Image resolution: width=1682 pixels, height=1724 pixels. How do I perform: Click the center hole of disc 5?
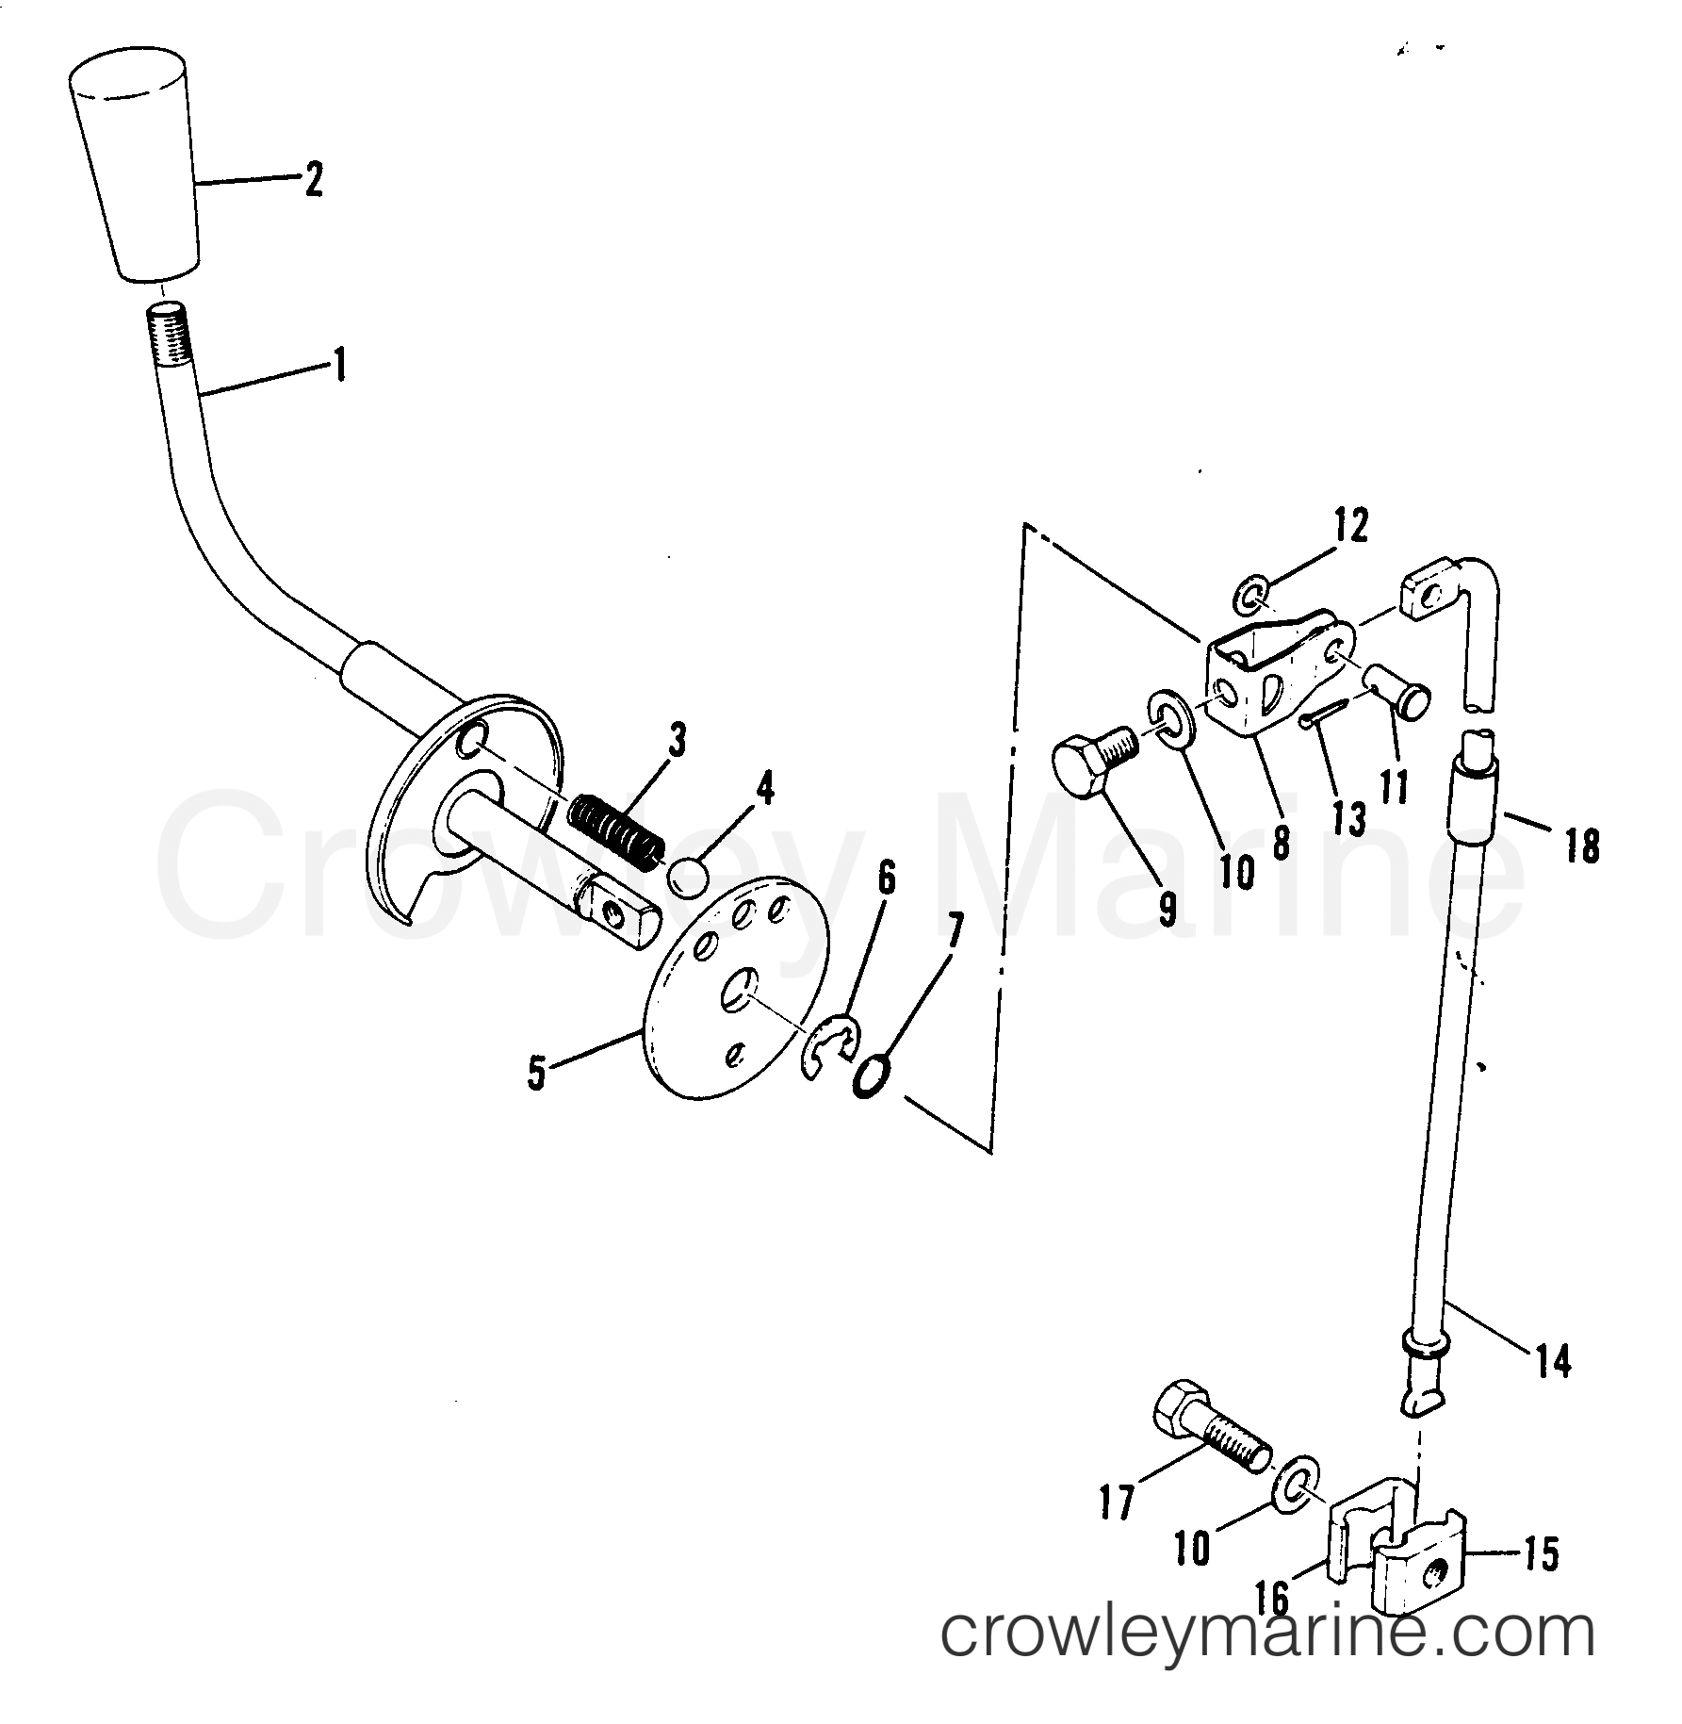pos(739,994)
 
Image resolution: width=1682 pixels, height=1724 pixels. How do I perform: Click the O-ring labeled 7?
pos(872,1076)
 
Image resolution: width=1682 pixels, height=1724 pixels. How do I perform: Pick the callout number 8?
pos(1280,842)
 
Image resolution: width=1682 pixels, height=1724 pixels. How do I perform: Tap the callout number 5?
pos(536,1075)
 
